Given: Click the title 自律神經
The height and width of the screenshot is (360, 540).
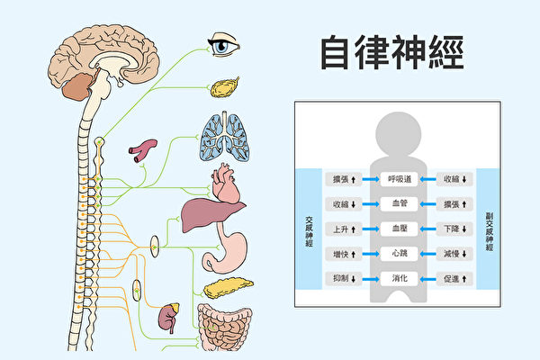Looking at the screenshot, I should [391, 53].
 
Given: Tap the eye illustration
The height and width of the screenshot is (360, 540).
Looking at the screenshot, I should [221, 44].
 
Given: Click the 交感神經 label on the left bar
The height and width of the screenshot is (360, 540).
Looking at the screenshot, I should [309, 229].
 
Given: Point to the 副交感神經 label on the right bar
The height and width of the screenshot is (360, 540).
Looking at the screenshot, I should [489, 229].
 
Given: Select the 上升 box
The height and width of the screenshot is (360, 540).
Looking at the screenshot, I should [344, 229].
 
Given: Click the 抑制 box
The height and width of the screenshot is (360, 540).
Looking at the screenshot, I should [344, 280].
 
